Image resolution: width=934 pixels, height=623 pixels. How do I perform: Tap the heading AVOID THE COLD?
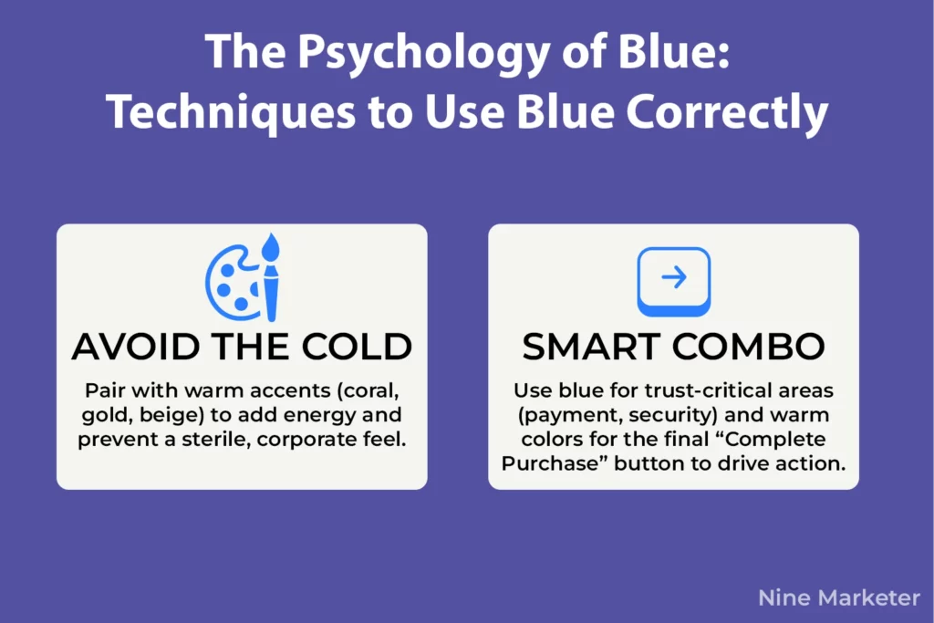pos(242,347)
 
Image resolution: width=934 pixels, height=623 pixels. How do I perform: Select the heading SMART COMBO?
pos(673,347)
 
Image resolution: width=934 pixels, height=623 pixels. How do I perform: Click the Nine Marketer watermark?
pos(839,598)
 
